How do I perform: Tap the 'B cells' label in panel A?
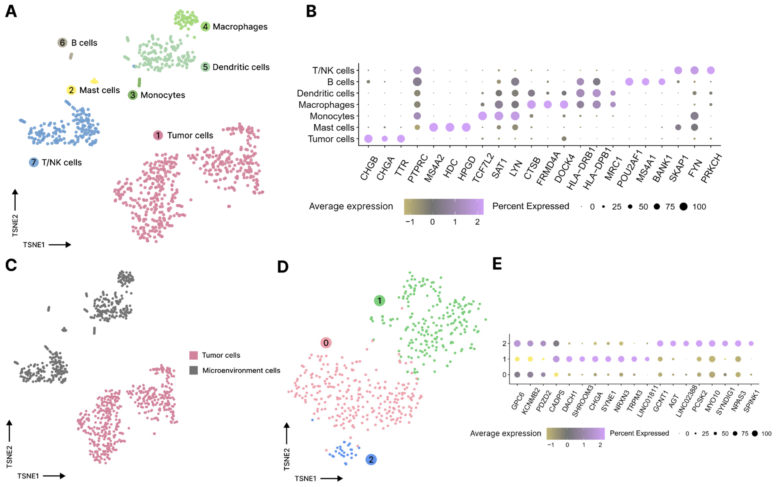[x=84, y=43]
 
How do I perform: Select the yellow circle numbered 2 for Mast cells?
[x=71, y=90]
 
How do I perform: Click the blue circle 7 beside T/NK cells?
[x=33, y=162]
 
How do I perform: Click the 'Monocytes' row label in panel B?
[x=332, y=116]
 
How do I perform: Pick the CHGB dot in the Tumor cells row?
[x=368, y=139]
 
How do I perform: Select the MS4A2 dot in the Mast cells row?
[x=434, y=127]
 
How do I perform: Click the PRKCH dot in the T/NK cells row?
[x=711, y=70]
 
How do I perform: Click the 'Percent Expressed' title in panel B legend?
[x=531, y=206]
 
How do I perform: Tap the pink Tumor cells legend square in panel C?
[x=193, y=355]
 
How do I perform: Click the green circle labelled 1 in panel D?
[x=379, y=301]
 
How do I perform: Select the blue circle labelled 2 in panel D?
[x=371, y=459]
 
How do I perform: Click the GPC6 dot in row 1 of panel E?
[x=517, y=359]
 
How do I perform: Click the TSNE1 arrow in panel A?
[x=60, y=245]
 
